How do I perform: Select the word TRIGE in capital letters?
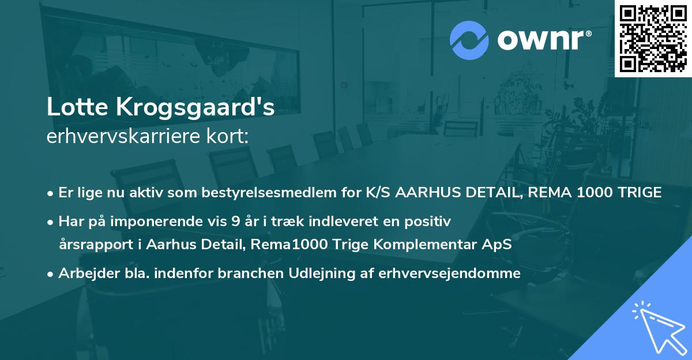coord(640,193)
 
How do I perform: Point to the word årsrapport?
coord(92,245)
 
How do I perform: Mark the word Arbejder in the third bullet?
coord(84,274)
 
